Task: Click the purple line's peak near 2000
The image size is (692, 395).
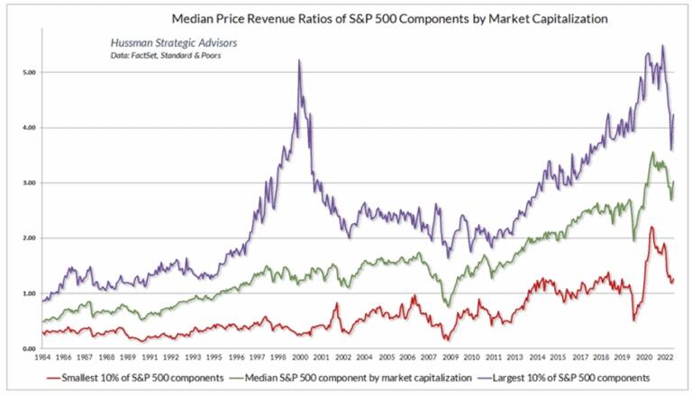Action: [298, 60]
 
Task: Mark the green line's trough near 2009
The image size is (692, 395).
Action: [448, 306]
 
